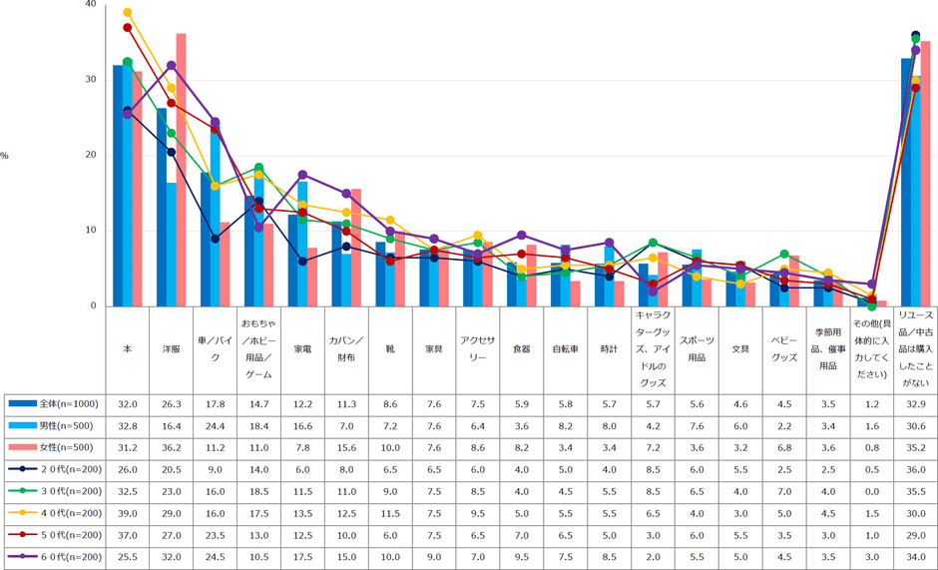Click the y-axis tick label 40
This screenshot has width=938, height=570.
pyautogui.click(x=91, y=5)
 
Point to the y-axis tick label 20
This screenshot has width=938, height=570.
pyautogui.click(x=91, y=156)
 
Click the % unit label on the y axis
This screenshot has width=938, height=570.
pyautogui.click(x=5, y=156)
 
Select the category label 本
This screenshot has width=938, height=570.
pyautogui.click(x=127, y=349)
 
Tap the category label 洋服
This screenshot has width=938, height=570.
pyautogui.click(x=171, y=349)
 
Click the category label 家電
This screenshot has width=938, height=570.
pyautogui.click(x=302, y=349)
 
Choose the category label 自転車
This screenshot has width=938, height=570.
pyautogui.click(x=566, y=349)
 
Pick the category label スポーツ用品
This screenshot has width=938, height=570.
pyautogui.click(x=697, y=349)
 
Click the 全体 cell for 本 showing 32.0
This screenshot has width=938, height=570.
pyautogui.click(x=127, y=404)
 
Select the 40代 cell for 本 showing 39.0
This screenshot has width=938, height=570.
pyautogui.click(x=127, y=514)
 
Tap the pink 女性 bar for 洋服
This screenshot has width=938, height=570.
pyautogui.click(x=181, y=170)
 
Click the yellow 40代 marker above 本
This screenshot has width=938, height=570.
pyautogui.click(x=127, y=13)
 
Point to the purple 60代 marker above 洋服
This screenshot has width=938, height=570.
pyautogui.click(x=171, y=66)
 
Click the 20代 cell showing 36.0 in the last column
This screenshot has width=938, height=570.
pyautogui.click(x=915, y=470)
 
